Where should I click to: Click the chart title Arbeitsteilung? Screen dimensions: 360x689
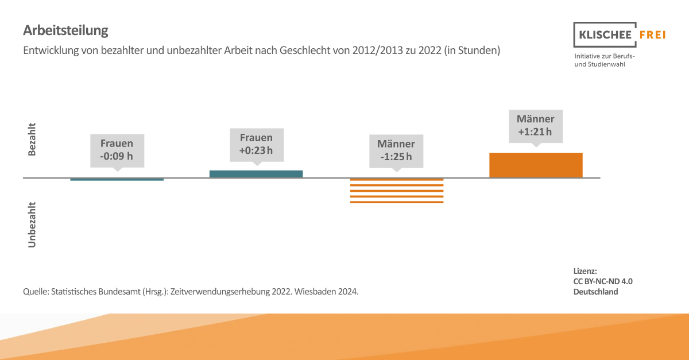65,30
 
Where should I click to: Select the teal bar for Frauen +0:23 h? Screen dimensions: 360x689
256,173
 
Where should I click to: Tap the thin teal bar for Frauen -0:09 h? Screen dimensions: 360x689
117,180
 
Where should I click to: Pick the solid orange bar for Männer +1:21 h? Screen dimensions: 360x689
536,165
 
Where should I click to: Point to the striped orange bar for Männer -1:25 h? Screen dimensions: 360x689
397,191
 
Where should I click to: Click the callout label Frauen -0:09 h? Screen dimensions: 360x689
117,150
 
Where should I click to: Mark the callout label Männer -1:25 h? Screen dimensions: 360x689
396,150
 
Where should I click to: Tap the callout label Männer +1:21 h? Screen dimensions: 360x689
536,126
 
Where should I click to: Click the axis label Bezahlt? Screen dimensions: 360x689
32,139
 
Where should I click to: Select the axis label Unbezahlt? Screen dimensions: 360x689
32,224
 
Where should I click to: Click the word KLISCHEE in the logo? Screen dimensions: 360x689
603,35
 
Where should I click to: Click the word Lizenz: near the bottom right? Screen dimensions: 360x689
585,271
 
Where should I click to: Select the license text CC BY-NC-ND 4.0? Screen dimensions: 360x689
603,281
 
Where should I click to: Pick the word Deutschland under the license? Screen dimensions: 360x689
595,292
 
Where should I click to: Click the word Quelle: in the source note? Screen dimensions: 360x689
36,292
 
